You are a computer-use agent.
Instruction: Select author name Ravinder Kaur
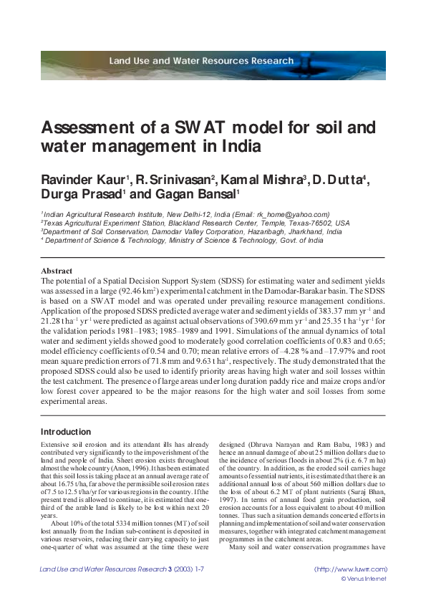pyautogui.click(x=87, y=179)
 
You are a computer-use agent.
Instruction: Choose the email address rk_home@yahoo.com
pyautogui.click(x=293, y=214)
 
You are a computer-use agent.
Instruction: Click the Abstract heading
pyautogui.click(x=57, y=271)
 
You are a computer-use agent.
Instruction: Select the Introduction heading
pyautogui.click(x=66, y=432)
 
